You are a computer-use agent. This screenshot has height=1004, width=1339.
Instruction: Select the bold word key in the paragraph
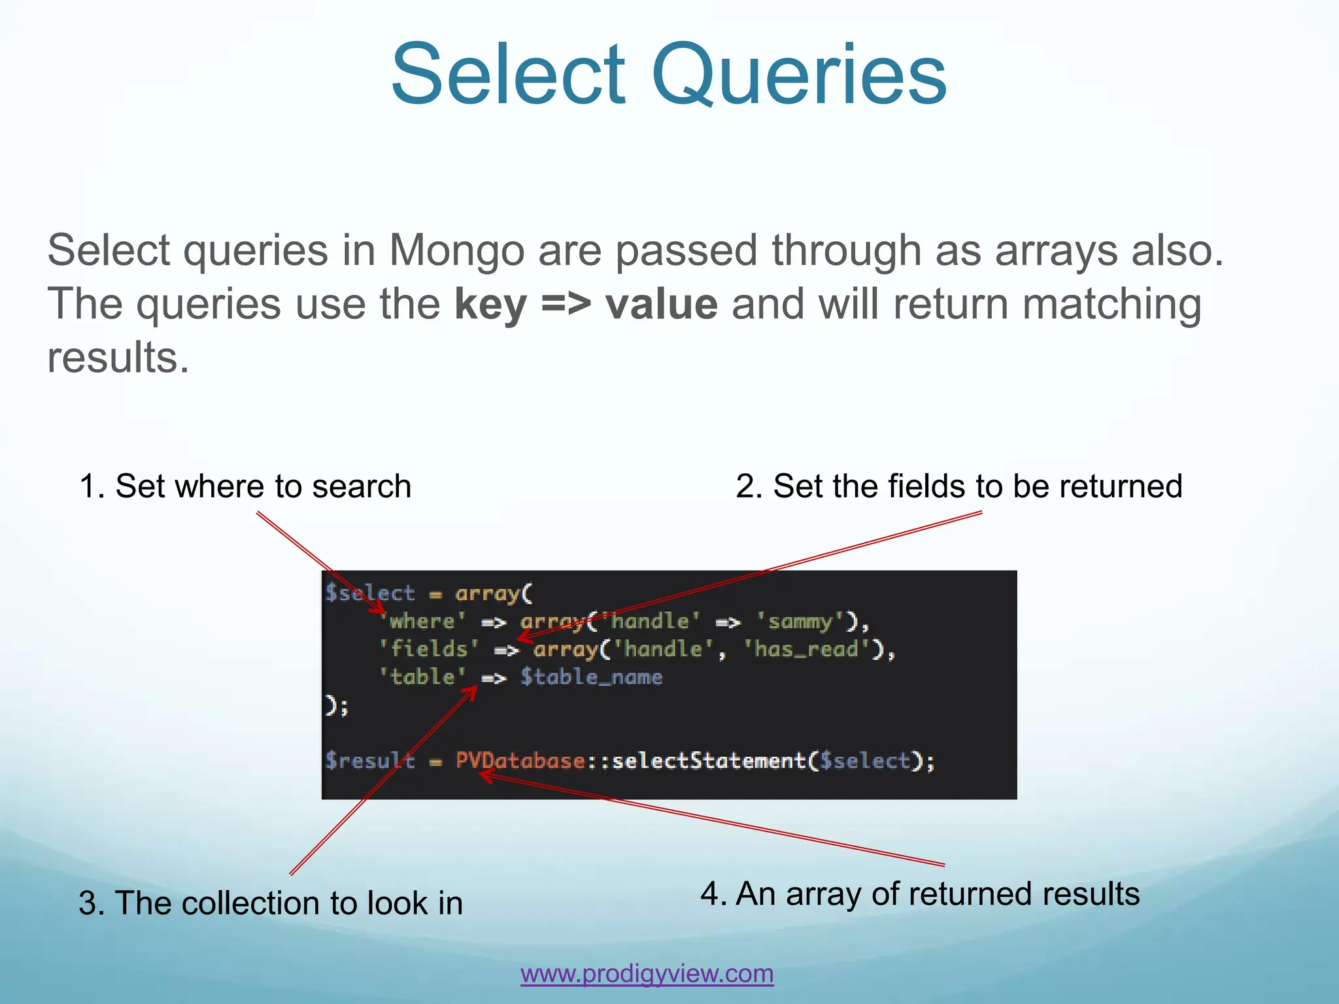490,305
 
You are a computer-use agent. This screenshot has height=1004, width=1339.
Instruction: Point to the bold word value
662,305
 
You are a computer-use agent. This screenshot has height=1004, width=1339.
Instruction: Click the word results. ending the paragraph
118,358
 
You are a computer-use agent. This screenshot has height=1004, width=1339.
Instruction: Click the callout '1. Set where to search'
245,486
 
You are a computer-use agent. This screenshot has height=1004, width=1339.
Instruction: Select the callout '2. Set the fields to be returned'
958,486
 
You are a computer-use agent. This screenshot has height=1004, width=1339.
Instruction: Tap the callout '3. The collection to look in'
271,903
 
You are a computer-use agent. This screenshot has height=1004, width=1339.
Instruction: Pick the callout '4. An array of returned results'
920,894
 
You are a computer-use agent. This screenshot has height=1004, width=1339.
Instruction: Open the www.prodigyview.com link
647,973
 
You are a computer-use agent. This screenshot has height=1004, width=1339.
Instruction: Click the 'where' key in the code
422,621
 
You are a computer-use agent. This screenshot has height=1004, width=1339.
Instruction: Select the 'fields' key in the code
429,649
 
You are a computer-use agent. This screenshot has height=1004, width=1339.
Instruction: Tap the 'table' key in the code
422,677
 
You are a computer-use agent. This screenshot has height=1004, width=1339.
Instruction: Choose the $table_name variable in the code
591,677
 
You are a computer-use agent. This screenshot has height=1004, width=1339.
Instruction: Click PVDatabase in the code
520,761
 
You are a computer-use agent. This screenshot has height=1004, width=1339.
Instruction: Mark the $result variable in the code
370,761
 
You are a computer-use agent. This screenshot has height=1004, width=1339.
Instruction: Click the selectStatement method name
709,761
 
